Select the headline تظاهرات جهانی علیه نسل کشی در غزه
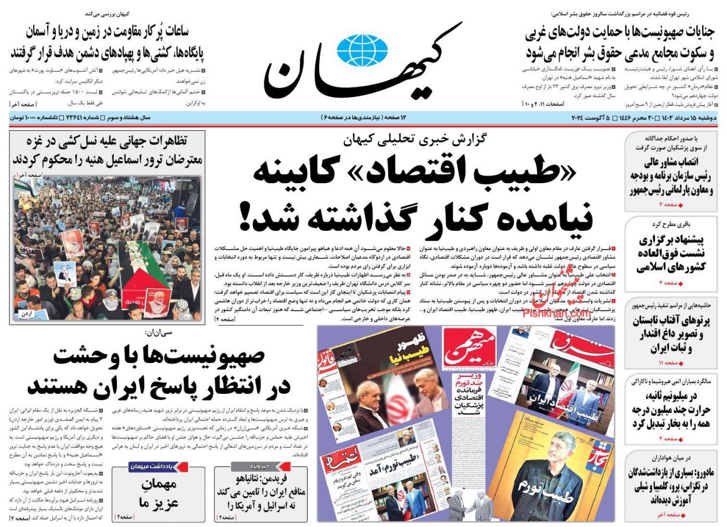point(108,149)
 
